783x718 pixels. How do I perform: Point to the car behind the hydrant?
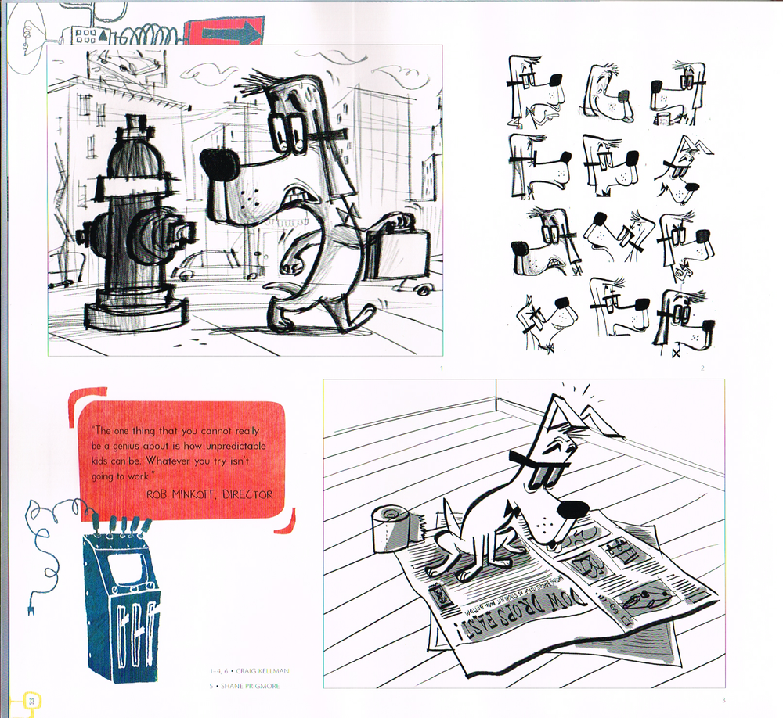tap(205, 265)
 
